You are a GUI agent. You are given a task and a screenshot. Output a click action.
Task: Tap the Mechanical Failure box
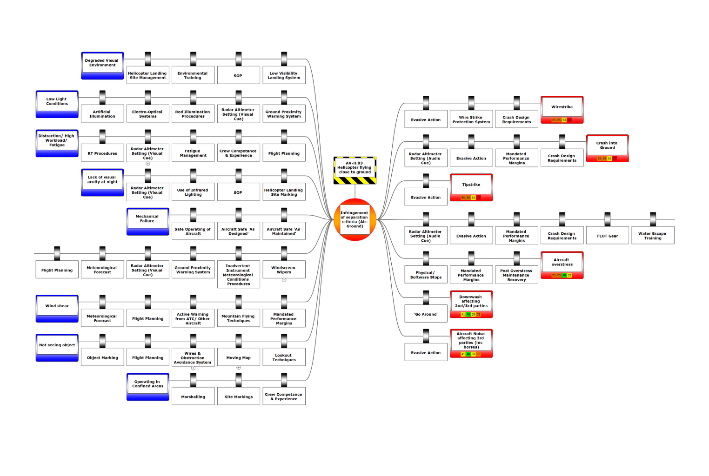point(147,221)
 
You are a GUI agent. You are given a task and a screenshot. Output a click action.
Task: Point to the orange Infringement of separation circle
point(355,219)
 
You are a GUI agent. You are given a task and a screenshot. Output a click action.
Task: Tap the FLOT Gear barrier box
point(608,236)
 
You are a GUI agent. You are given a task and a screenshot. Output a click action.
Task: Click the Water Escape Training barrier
point(653,236)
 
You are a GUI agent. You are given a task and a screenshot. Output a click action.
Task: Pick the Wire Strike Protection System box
point(471,119)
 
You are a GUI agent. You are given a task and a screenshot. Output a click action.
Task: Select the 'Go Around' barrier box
point(426,314)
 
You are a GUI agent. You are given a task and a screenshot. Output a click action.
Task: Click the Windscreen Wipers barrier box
point(284,270)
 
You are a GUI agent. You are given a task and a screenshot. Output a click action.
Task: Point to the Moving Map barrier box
point(238,357)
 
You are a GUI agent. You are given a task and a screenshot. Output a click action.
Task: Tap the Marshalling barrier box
point(193,397)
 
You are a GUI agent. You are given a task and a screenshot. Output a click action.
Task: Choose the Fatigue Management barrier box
point(193,153)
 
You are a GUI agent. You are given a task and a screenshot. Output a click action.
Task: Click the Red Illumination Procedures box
point(193,114)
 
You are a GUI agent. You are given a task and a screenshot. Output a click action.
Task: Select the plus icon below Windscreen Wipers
point(284,280)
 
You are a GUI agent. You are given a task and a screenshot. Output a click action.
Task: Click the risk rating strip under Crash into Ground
point(607,159)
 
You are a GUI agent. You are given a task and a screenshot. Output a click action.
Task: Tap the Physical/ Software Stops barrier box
point(426,275)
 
